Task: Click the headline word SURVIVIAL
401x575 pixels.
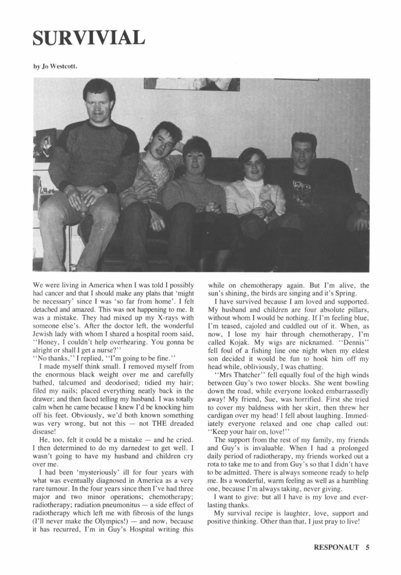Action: tap(88, 38)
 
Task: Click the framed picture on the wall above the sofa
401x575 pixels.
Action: tap(191, 84)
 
